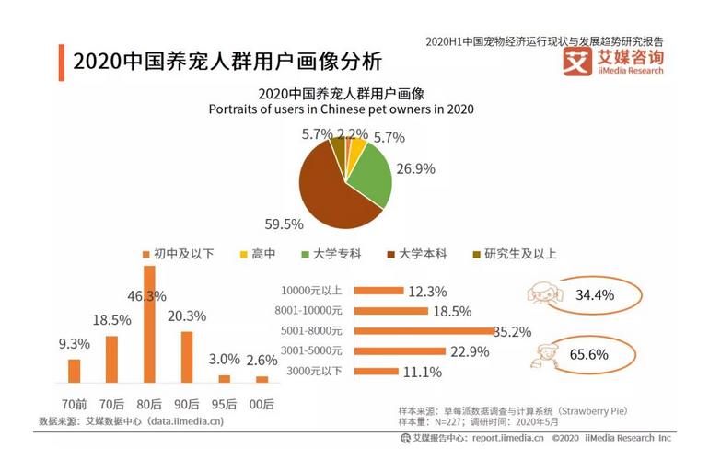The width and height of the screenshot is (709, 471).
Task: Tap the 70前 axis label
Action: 75,404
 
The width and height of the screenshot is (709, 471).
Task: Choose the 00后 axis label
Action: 262,404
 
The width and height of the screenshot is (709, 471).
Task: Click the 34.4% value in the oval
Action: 595,296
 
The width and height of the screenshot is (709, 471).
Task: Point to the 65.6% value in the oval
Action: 595,354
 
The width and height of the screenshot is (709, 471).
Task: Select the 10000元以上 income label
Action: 314,291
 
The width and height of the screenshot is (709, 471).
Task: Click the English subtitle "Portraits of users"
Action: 341,109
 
